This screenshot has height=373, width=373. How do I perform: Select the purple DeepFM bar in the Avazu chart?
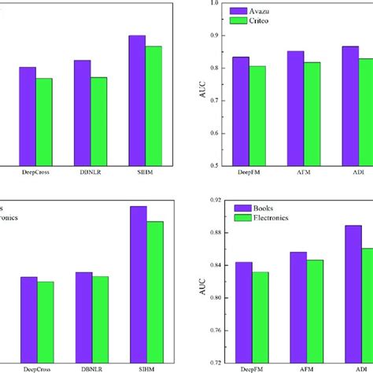pos(242,111)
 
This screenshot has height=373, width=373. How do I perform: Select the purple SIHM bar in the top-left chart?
pos(137,100)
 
